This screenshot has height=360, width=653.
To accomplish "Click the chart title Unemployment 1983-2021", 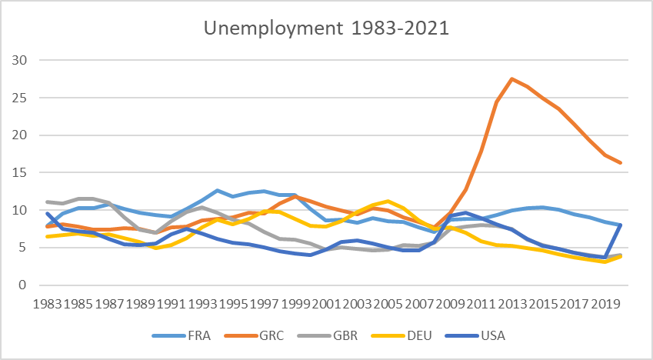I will coord(326,30).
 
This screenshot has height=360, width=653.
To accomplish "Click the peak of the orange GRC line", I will coord(512,78).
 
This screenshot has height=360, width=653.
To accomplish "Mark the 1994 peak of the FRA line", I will coord(218,190).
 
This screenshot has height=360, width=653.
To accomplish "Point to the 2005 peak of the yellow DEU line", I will coord(388,202).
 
